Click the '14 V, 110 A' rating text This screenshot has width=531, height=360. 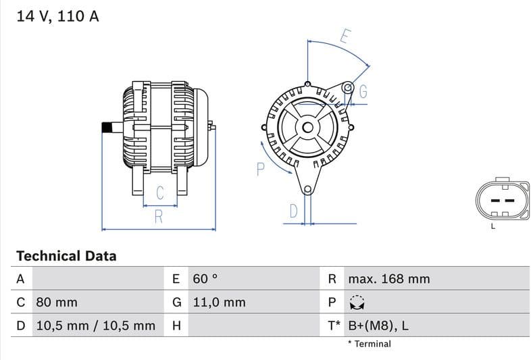(57, 16)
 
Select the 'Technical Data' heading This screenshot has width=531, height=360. (66, 256)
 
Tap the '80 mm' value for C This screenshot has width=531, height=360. (56, 302)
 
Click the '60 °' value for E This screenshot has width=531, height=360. (205, 279)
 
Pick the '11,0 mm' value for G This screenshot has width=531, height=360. (219, 302)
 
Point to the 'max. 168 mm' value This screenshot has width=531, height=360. (388, 279)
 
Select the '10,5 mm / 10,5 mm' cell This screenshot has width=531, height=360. (95, 326)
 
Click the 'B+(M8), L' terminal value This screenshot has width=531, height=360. (378, 326)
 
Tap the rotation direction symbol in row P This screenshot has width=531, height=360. (357, 302)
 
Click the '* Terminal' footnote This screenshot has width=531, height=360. (369, 344)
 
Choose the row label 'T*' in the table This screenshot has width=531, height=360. (334, 326)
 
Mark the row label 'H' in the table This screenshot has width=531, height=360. (176, 326)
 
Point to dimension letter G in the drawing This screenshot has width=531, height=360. (363, 92)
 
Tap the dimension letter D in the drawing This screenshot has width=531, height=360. (293, 211)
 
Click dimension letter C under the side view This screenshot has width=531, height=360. (160, 192)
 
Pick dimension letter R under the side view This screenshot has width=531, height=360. (159, 217)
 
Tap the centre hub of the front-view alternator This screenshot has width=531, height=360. (308, 127)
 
